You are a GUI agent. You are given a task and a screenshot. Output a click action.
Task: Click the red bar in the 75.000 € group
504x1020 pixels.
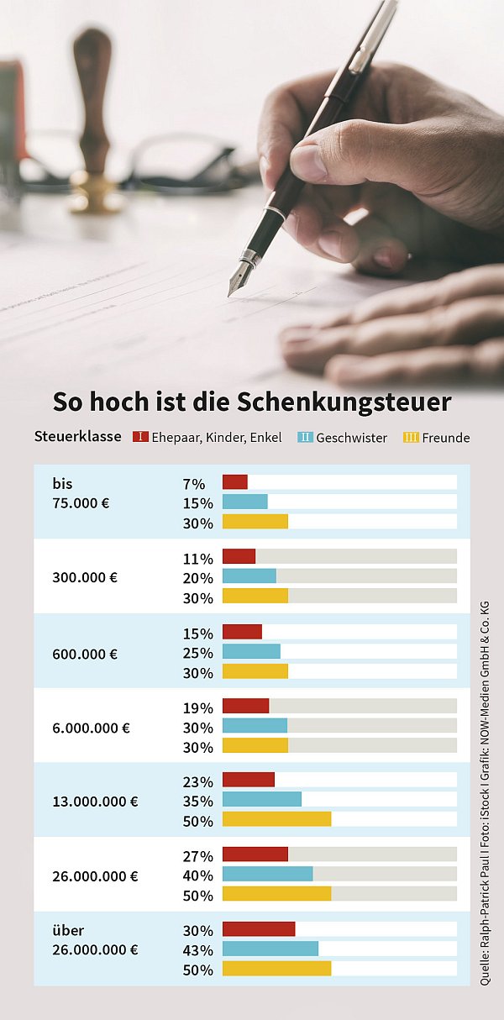coord(235,482)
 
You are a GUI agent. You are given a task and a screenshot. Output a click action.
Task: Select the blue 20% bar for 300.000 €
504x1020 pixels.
coord(249,576)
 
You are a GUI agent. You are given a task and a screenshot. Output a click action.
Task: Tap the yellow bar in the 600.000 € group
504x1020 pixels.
coord(255,671)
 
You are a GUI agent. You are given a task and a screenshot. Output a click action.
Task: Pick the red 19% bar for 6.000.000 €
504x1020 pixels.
coord(245,706)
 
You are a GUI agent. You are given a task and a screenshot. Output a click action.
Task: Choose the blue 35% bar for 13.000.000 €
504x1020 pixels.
coord(262,799)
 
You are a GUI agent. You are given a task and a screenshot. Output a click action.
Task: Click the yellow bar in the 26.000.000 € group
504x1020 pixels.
coord(276,893)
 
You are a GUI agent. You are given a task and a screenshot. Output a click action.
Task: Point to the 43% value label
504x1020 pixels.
coord(198,950)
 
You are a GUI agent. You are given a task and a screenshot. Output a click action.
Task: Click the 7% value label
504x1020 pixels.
coord(194,484)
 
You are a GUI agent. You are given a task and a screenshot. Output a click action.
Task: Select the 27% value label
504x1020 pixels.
coord(198,857)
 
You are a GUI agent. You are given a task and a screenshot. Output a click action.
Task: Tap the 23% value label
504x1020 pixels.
coord(198,781)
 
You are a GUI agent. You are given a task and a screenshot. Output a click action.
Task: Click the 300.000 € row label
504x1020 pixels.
coord(85,578)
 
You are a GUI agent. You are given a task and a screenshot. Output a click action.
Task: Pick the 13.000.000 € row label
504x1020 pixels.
coord(95,802)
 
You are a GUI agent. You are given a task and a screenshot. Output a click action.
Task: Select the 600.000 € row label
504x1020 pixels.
coord(85,654)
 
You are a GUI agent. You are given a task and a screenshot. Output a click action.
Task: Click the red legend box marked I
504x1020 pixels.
coord(141,437)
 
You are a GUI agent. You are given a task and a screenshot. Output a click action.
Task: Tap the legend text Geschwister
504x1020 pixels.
coord(351,438)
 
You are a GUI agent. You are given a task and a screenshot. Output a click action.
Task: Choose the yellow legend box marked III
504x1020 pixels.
coord(411,437)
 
